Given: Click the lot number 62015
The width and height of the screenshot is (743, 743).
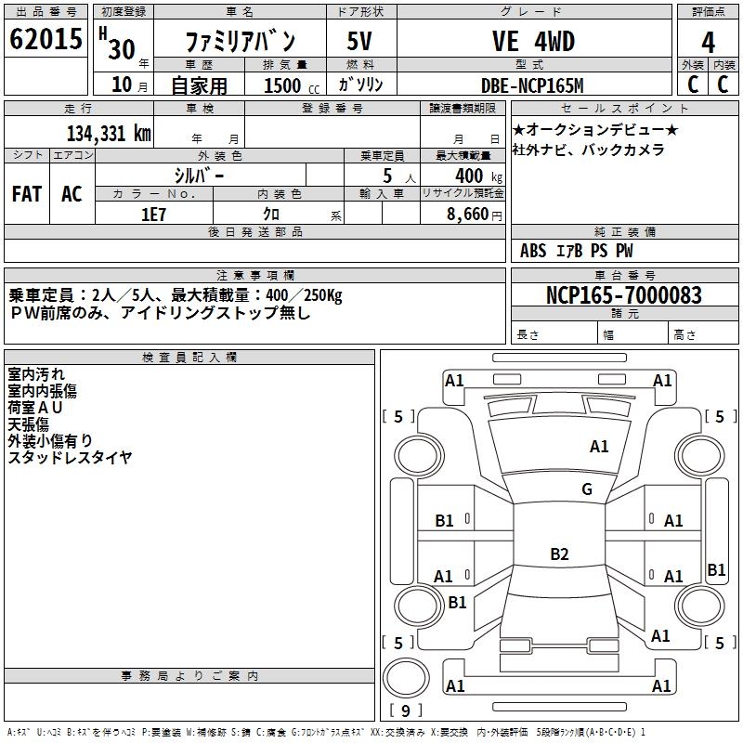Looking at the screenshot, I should (x=46, y=41).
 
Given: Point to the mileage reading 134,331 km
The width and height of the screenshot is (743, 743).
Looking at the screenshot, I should (x=109, y=134).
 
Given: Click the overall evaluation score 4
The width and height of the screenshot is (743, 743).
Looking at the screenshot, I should (x=708, y=42).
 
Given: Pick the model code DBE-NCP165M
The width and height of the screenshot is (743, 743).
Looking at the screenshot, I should (x=532, y=85).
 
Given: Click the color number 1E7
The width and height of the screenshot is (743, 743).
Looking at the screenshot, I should (x=152, y=213).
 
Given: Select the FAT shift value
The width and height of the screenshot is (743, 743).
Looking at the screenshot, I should (x=26, y=193).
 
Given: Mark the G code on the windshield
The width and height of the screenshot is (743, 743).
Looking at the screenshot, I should (x=586, y=489).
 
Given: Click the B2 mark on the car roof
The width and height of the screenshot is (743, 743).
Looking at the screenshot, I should (x=559, y=554).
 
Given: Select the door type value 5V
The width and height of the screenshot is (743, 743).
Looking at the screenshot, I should (x=360, y=42).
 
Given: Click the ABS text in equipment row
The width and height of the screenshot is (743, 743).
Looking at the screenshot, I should (x=533, y=251).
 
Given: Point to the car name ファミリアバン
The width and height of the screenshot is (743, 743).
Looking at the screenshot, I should (x=240, y=42).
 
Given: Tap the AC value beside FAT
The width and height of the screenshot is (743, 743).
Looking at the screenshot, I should (x=72, y=193).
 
